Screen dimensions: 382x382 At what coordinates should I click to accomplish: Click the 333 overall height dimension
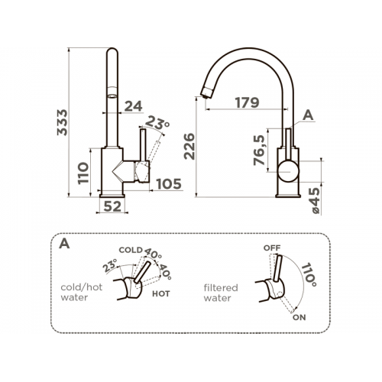[x=63, y=122]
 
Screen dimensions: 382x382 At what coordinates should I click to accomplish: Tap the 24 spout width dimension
[x=134, y=106]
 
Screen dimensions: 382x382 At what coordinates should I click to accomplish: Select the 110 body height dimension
[x=83, y=173]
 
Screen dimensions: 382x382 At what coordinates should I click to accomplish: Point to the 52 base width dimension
[x=112, y=206]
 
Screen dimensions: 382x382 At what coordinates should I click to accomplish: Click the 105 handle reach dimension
[x=169, y=184]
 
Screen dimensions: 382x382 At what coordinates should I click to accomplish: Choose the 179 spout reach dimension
[x=247, y=102]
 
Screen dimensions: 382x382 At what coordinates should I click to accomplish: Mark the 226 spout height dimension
[x=189, y=147]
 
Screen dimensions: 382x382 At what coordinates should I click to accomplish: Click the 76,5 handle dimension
[x=260, y=151]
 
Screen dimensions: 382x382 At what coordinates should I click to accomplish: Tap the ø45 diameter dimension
[x=315, y=201]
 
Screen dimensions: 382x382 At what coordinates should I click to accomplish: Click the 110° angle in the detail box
[x=309, y=274]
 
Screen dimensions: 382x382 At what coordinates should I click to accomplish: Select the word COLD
[x=131, y=250]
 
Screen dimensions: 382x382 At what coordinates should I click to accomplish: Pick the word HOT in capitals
[x=161, y=294]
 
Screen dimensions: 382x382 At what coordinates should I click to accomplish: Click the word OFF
[x=272, y=248]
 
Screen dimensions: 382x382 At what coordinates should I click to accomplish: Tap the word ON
[x=299, y=317]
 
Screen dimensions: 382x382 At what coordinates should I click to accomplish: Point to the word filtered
[x=221, y=288]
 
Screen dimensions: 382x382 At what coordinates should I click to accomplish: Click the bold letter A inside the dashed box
[x=64, y=244]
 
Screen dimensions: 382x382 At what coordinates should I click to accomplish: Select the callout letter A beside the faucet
[x=308, y=115]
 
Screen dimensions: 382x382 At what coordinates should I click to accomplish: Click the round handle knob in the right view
[x=288, y=171]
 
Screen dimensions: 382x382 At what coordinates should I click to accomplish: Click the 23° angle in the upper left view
[x=157, y=123]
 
